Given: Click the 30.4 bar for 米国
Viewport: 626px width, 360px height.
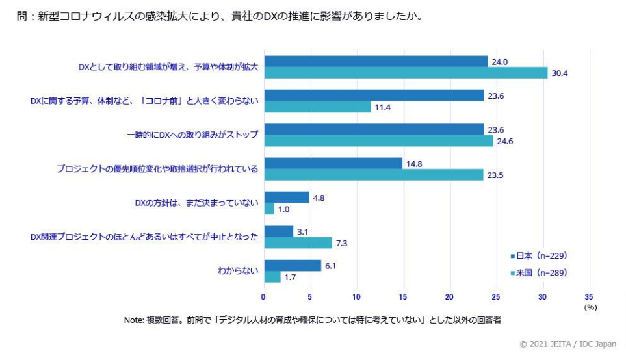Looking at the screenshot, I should click(x=406, y=73).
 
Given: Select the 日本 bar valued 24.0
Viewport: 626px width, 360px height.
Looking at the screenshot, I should click(x=376, y=61).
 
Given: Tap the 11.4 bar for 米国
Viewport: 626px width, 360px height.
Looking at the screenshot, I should click(x=317, y=107).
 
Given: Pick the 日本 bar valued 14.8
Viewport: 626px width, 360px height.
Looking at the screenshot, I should click(x=333, y=163).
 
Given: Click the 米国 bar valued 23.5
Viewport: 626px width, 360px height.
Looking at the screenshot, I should click(x=373, y=174).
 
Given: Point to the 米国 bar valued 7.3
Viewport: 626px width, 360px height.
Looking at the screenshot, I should click(x=298, y=242).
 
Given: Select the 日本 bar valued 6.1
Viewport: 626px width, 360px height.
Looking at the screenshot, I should click(x=293, y=265).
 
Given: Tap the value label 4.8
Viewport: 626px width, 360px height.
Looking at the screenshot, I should click(x=319, y=197).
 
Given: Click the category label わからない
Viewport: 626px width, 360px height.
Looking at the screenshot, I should click(x=238, y=270).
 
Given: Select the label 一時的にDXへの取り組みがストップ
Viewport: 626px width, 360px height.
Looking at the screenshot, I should click(x=192, y=135).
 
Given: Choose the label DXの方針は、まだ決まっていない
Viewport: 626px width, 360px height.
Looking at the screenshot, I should click(x=196, y=203).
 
